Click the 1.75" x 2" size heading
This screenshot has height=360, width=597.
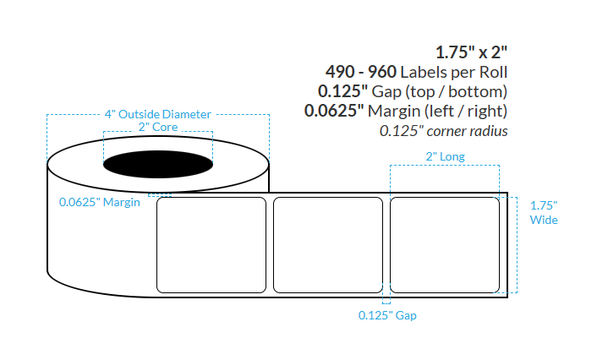pos(472,50)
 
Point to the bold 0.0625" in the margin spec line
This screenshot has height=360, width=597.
pos(332,110)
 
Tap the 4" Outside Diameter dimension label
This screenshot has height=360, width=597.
pos(157,114)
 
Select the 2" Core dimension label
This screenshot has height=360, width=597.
pos(158,127)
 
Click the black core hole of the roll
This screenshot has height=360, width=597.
pos(158,161)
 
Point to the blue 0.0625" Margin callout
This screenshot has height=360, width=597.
pos(99,202)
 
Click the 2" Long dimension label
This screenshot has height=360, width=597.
pos(445,156)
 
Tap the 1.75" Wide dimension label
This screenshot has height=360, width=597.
pos(544,212)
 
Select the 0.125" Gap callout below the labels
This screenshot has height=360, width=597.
pos(387,315)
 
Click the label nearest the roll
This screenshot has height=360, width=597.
pos(211,244)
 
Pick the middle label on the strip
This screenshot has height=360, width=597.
pos(328,244)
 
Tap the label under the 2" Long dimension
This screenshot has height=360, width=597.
pos(445,244)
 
